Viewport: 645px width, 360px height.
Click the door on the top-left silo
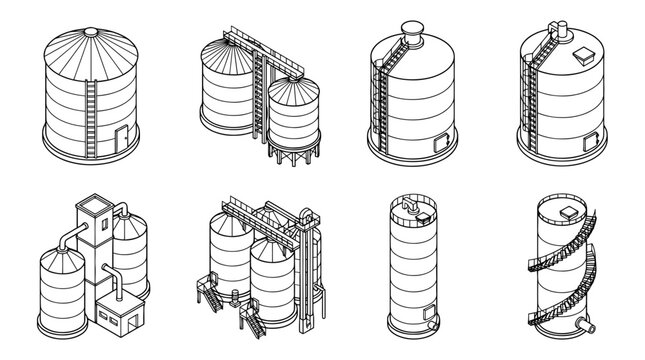pos(121,136)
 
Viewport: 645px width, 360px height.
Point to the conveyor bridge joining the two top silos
pos(255,49)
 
